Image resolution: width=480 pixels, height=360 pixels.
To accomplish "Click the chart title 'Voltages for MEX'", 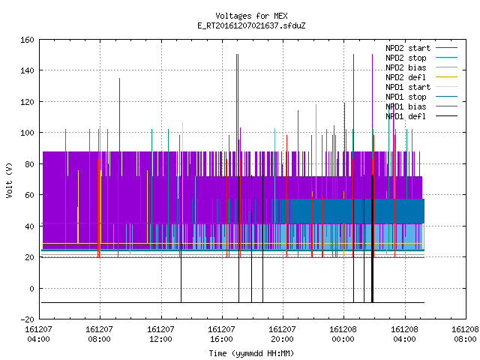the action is pos(251,16).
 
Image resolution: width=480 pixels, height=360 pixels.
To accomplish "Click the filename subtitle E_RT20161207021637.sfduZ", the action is pos(251,25).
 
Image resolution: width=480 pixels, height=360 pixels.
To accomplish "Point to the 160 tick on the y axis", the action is pos(27,40).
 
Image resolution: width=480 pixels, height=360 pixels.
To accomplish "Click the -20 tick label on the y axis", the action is pos(27,319).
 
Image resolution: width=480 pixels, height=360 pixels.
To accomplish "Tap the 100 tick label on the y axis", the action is pos(27,133).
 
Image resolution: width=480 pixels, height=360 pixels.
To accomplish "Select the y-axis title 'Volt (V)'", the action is pos(10,180).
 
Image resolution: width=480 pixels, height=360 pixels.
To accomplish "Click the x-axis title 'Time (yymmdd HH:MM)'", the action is pos(251,353).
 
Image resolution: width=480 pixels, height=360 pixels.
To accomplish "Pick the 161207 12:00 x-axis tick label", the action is pos(160,334).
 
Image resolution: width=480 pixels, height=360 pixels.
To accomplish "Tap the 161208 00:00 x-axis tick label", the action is pos(343,334).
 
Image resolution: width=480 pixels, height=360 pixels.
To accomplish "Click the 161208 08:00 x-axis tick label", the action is pos(465,334).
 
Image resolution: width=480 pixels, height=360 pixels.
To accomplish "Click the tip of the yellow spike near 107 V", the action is pos(182,121).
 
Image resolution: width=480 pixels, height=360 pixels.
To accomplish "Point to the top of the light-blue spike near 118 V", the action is pos(316,105).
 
